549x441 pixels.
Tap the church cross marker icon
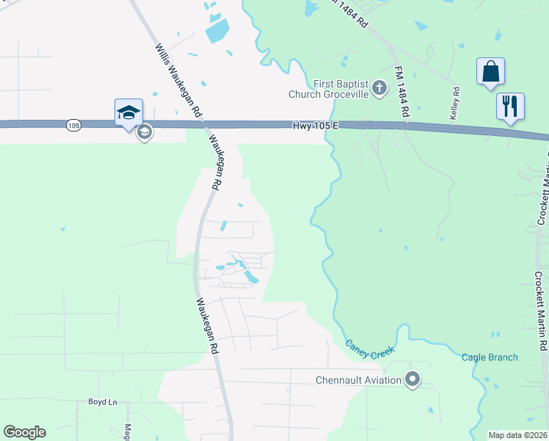pyautogui.click(x=379, y=89)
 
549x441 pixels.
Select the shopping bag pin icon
pyautogui.click(x=490, y=72)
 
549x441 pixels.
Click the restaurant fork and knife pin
pyautogui.click(x=510, y=106)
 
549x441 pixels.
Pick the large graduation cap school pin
pyautogui.click(x=128, y=113)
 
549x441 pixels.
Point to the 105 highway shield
pyautogui.click(x=73, y=126)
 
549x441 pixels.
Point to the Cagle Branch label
pyautogui.click(x=490, y=358)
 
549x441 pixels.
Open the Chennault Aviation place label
pyautogui.click(x=358, y=380)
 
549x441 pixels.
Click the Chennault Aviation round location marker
pyautogui.click(x=412, y=380)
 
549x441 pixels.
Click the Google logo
pyautogui.click(x=24, y=432)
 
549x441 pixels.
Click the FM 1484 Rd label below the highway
pyautogui.click(x=401, y=92)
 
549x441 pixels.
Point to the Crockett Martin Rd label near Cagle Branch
pyautogui.click(x=541, y=312)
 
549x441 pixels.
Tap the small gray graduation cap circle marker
pyautogui.click(x=145, y=132)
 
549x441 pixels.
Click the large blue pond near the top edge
pyautogui.click(x=218, y=30)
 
